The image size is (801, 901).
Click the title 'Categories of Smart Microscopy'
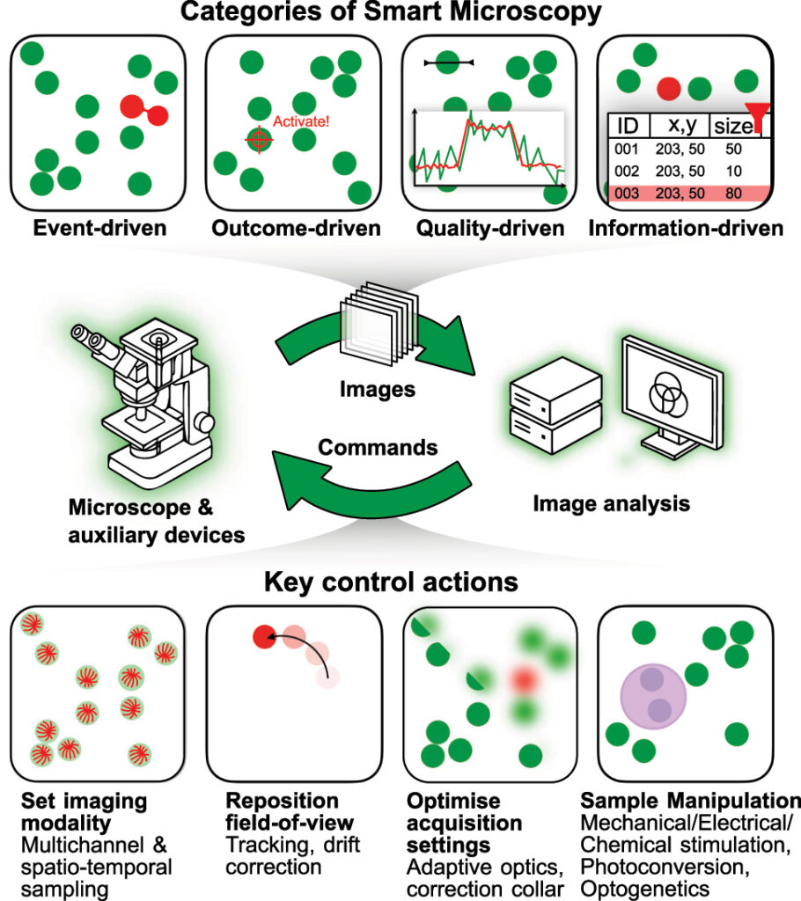pyautogui.click(x=400, y=13)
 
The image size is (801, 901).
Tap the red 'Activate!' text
pyautogui.click(x=301, y=122)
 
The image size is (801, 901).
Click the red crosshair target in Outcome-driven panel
pyautogui.click(x=258, y=139)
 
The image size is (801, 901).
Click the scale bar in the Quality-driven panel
pyautogui.click(x=448, y=62)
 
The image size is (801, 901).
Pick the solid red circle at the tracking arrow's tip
pyautogui.click(x=261, y=636)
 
